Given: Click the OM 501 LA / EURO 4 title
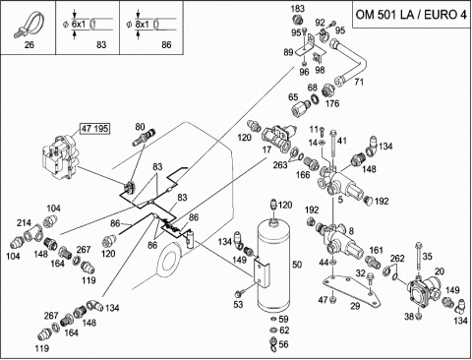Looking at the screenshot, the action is [x=411, y=15].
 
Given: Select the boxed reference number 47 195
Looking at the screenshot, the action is [x=95, y=128].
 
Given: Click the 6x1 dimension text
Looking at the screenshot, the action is [x=78, y=24].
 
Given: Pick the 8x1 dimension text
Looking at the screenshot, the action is [x=142, y=24].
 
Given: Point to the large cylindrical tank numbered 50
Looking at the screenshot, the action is [x=272, y=265].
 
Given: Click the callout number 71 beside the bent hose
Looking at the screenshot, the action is [x=359, y=82].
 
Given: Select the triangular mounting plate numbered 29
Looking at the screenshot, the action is [x=351, y=291].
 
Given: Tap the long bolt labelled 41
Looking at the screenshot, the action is [x=333, y=148].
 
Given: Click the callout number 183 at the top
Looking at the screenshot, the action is [x=298, y=9].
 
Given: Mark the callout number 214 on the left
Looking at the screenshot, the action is [x=24, y=223].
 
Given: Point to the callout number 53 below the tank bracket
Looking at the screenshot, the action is [x=238, y=305].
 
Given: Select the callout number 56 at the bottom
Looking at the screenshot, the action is [x=284, y=344].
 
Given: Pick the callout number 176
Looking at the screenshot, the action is [x=332, y=103].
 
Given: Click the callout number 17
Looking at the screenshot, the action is [x=266, y=150].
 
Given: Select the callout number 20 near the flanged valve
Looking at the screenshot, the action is [x=440, y=271].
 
